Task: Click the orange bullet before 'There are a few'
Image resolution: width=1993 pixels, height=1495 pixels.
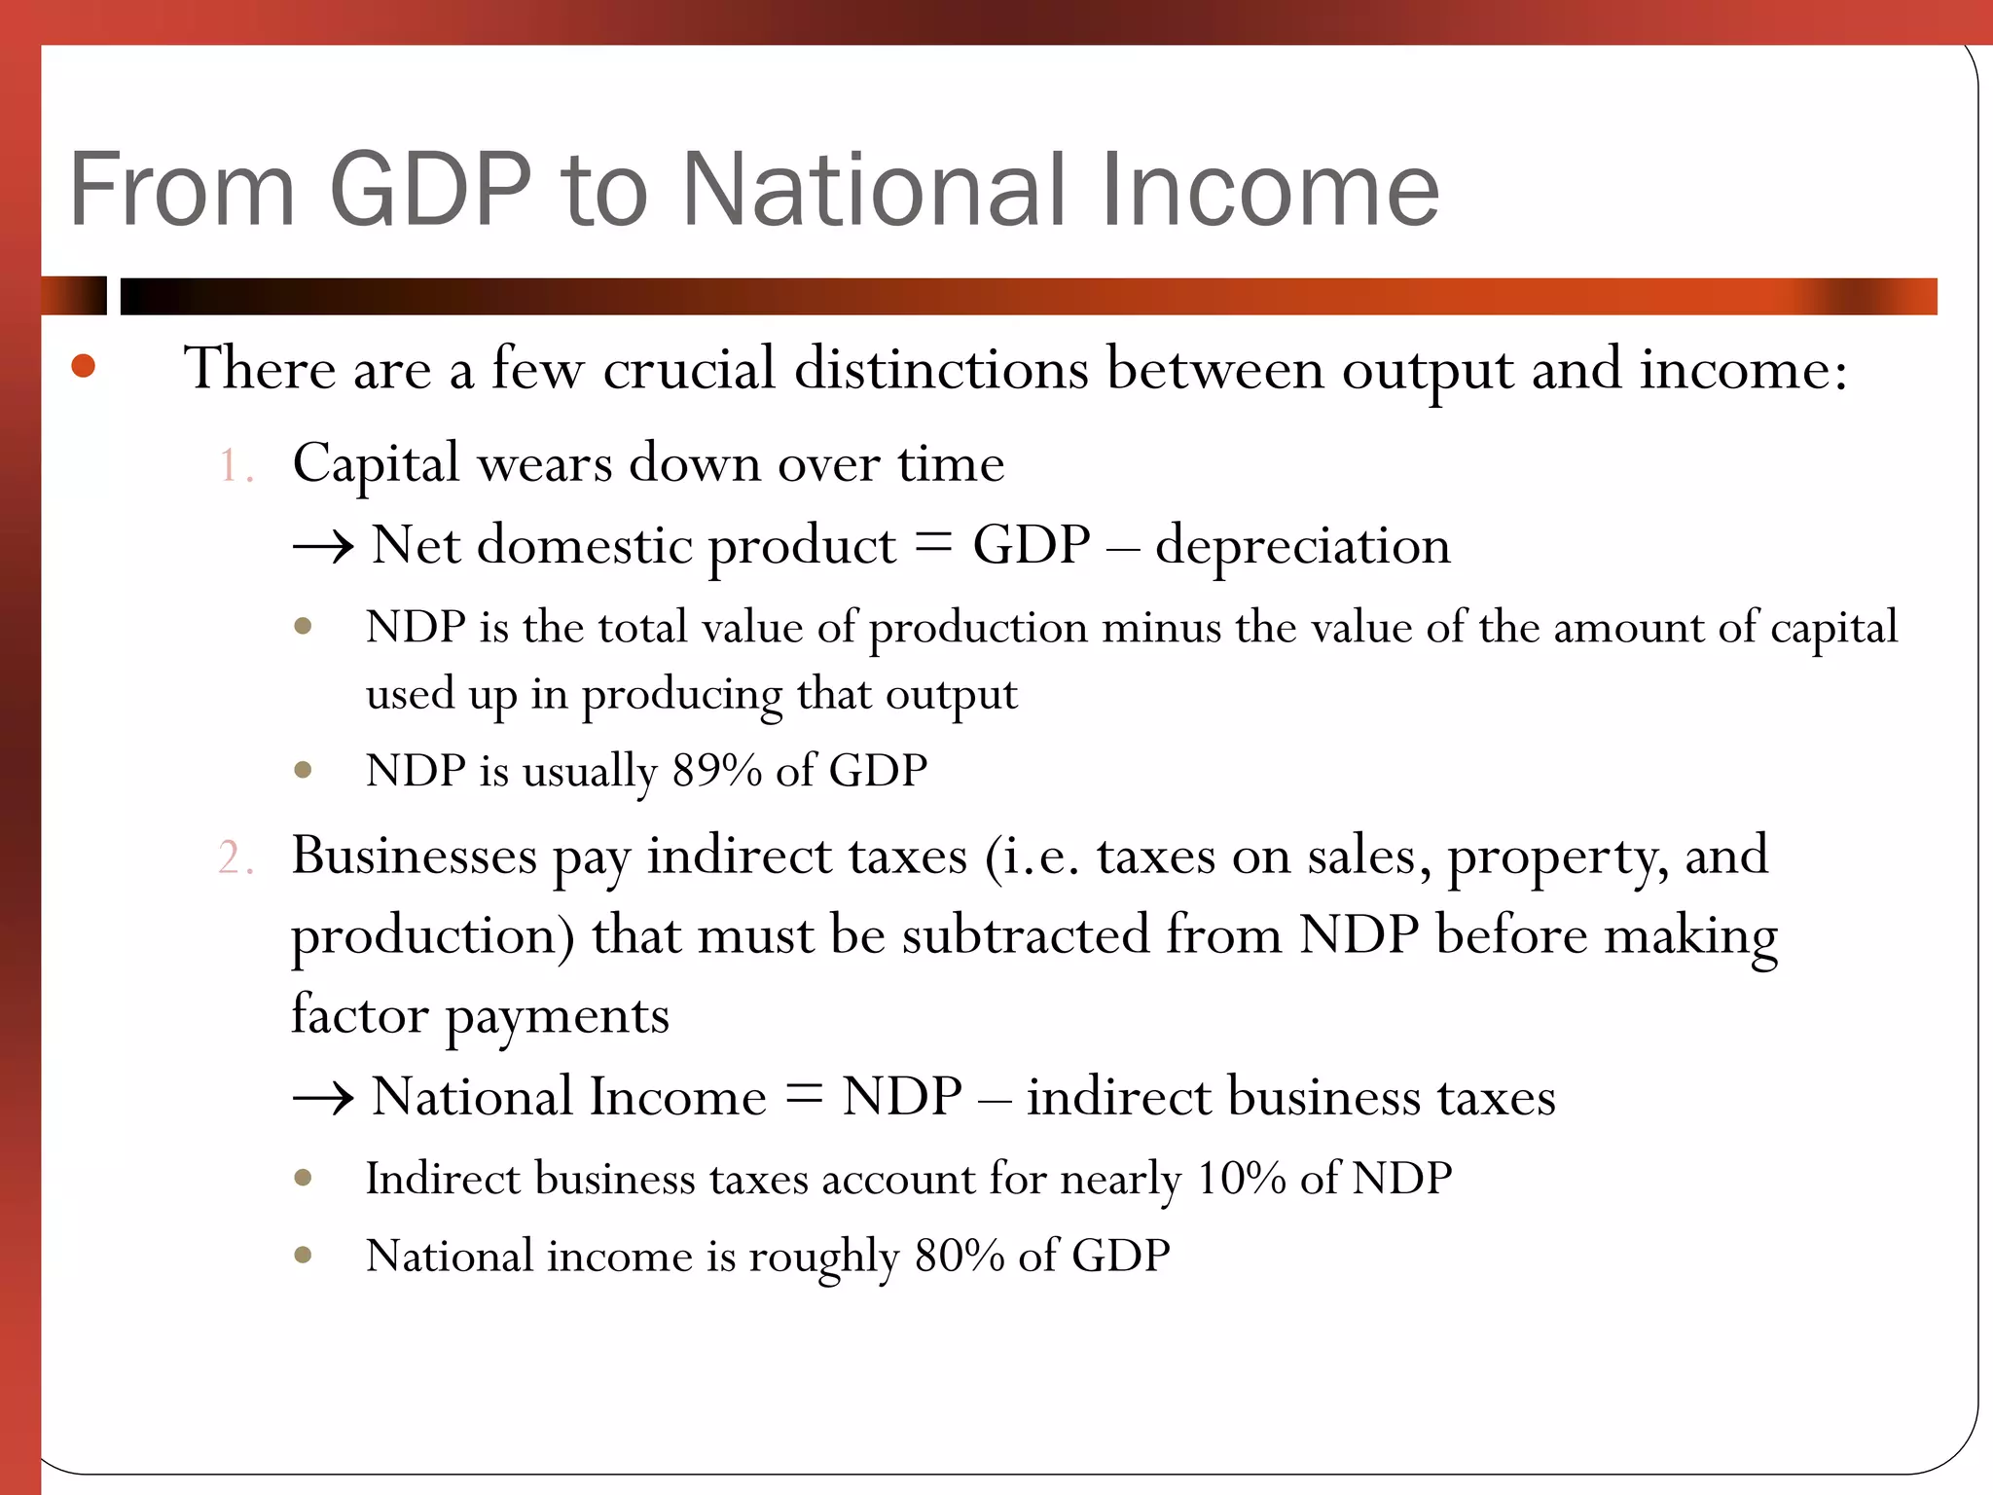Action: click(x=84, y=366)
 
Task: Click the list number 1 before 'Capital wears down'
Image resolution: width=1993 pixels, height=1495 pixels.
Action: click(x=234, y=465)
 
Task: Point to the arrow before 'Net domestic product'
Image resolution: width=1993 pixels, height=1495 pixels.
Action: click(x=323, y=548)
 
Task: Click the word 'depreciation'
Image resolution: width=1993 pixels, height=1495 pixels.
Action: click(x=1302, y=546)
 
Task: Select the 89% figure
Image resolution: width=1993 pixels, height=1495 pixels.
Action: click(x=716, y=771)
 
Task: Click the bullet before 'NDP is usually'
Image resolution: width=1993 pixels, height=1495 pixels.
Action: click(x=303, y=771)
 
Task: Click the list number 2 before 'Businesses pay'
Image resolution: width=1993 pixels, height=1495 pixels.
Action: click(x=235, y=858)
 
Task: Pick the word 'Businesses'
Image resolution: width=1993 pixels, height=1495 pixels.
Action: click(x=414, y=857)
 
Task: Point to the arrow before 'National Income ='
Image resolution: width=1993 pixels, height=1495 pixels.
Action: click(x=323, y=1100)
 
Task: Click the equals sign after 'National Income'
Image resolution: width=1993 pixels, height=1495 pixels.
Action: click(x=804, y=1097)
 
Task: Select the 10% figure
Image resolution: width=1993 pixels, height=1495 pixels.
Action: click(x=1242, y=1180)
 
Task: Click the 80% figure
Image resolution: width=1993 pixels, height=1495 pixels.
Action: click(x=959, y=1257)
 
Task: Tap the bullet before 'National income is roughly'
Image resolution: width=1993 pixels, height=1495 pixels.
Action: click(x=303, y=1256)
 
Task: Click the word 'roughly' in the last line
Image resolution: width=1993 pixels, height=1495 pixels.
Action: click(x=822, y=1258)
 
